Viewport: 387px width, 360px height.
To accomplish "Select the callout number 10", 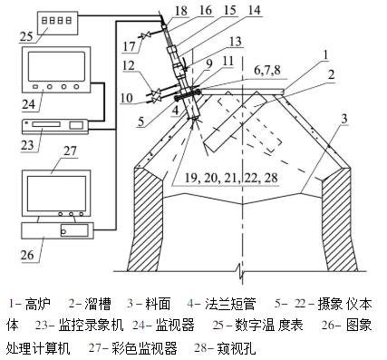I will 128,95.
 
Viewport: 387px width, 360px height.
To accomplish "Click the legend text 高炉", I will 35,300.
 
